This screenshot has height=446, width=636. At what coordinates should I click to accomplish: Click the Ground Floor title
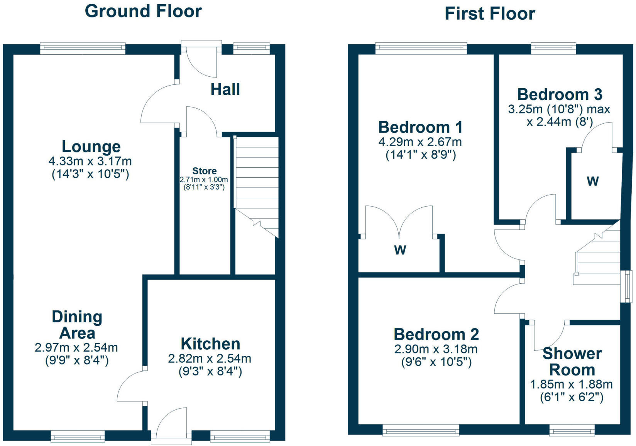click(x=143, y=11)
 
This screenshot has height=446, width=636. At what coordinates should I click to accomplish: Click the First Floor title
click(x=490, y=13)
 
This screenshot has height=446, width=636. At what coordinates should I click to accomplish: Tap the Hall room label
click(x=225, y=89)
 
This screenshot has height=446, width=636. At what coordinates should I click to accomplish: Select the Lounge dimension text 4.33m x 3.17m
click(x=90, y=161)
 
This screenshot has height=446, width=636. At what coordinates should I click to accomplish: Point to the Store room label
click(x=204, y=171)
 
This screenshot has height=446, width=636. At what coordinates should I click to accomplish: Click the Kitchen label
click(x=210, y=344)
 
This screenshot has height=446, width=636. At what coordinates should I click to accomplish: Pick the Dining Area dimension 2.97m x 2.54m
click(x=76, y=347)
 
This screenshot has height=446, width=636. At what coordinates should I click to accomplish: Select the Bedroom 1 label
click(x=420, y=127)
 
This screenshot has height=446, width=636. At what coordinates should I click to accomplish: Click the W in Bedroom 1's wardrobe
click(x=400, y=250)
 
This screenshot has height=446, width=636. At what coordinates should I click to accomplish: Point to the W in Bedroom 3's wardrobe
click(x=593, y=181)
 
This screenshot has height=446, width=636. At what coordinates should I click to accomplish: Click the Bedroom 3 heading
click(x=560, y=94)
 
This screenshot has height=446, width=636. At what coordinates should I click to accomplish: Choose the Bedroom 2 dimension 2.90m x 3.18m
click(x=436, y=349)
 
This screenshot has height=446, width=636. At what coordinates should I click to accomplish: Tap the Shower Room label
click(x=572, y=362)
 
